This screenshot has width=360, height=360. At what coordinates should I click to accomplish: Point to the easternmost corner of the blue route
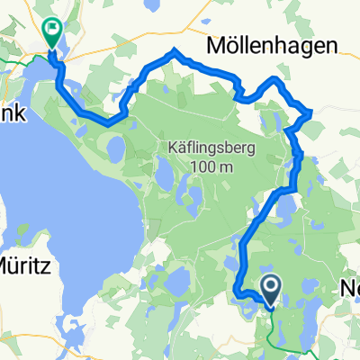coord(310,112)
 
